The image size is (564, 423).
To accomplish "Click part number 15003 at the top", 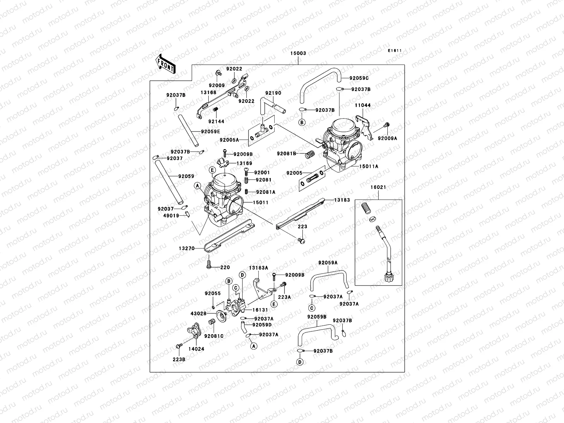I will pyautogui.click(x=298, y=54).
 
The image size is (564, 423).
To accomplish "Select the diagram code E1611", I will pyautogui.click(x=395, y=51).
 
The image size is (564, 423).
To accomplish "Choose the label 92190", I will pyautogui.click(x=273, y=93).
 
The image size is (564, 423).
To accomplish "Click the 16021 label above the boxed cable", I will pyautogui.click(x=378, y=187).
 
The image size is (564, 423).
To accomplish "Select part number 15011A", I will pyautogui.click(x=369, y=166).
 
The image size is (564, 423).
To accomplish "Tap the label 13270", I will pyautogui.click(x=187, y=248).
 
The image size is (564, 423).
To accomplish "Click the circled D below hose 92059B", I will pyautogui.click(x=300, y=362).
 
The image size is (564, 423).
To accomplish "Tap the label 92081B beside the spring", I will pyautogui.click(x=286, y=153).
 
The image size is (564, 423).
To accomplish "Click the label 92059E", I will pyautogui.click(x=210, y=131).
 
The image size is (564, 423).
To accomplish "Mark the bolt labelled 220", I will pyautogui.click(x=209, y=264).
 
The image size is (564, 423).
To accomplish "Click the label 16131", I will pyautogui.click(x=260, y=310).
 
